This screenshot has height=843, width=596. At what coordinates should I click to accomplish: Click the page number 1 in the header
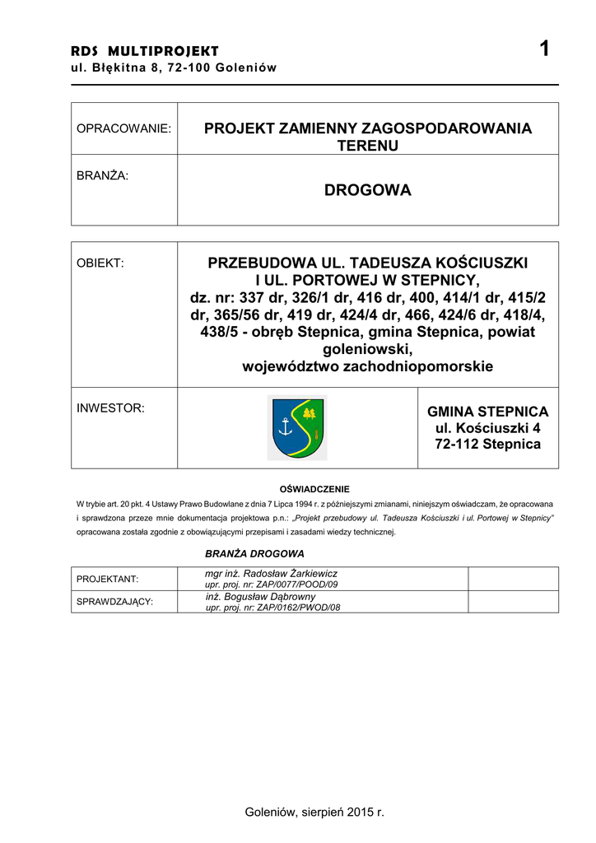click(543, 50)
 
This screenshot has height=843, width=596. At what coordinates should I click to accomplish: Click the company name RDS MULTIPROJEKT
click(145, 52)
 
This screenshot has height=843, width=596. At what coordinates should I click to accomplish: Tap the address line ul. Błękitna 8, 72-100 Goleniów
click(174, 68)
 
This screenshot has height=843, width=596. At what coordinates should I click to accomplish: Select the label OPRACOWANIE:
click(123, 128)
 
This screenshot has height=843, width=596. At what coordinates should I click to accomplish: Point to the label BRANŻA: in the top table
click(102, 175)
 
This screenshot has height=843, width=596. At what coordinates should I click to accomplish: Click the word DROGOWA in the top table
click(367, 191)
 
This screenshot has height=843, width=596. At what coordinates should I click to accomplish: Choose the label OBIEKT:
click(100, 263)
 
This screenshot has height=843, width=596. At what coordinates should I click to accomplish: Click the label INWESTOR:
click(110, 408)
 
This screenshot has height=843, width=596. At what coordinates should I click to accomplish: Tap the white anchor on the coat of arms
click(286, 426)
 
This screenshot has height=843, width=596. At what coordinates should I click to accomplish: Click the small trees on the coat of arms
click(310, 412)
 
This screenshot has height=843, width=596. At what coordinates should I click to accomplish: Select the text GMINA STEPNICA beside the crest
click(487, 412)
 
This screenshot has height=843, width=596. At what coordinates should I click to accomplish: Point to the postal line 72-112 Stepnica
click(487, 445)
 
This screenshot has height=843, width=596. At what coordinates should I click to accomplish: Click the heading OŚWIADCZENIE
click(314, 489)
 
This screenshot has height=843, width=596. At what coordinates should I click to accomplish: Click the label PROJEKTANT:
click(107, 579)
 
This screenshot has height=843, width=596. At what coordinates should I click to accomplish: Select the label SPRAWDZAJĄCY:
click(114, 602)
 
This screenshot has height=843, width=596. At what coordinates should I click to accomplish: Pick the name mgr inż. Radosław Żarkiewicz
click(271, 573)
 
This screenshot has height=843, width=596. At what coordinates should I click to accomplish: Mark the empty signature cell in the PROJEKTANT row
click(513, 578)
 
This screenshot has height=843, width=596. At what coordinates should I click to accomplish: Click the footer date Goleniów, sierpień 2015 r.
click(314, 813)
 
